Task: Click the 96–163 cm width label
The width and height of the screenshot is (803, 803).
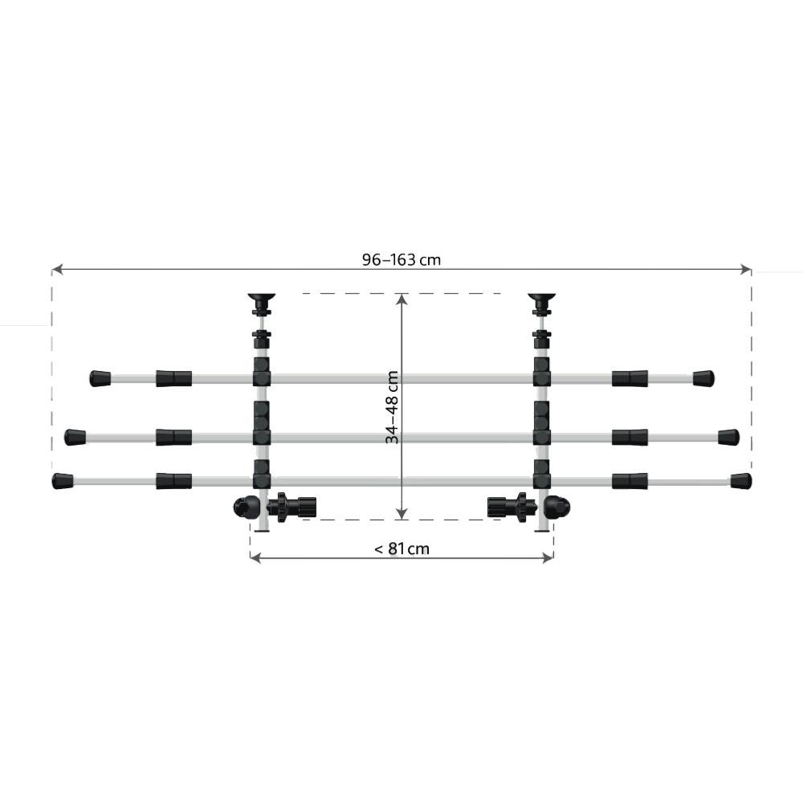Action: tap(401, 259)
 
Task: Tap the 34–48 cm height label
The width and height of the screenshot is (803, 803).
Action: tap(393, 408)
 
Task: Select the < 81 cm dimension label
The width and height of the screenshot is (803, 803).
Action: tap(402, 549)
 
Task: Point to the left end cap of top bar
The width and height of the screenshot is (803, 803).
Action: tap(100, 378)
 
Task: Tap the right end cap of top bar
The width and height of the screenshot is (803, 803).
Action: tap(703, 378)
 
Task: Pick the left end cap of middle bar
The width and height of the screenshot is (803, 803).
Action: tap(75, 438)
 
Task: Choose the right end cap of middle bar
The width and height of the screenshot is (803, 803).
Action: tap(729, 438)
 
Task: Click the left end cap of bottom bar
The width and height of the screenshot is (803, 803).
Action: tap(63, 481)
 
